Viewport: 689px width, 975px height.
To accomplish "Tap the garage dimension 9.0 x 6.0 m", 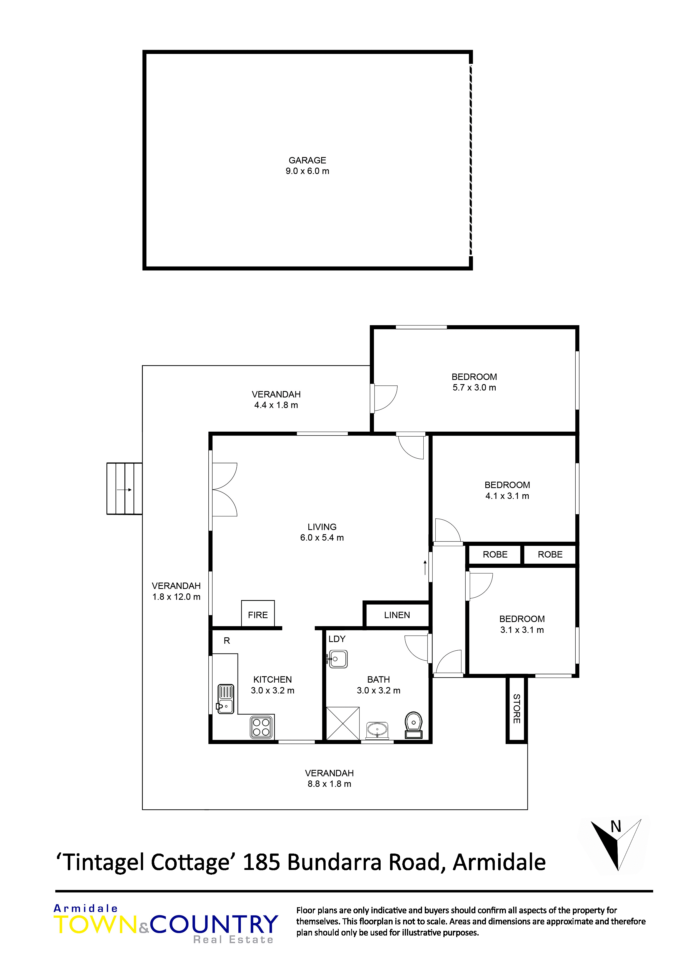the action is (307, 171).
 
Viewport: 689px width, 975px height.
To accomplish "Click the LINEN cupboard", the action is (397, 615).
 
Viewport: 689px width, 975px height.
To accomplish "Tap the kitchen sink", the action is (225, 698).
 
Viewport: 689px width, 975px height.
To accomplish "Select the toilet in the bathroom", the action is (413, 725).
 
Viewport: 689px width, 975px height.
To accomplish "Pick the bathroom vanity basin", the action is (377, 730).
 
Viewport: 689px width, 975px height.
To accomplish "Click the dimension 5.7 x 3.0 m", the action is (474, 388).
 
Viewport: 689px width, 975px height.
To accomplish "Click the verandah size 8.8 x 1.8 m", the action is (329, 784).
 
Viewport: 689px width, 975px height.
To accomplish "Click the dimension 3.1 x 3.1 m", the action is (522, 630).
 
